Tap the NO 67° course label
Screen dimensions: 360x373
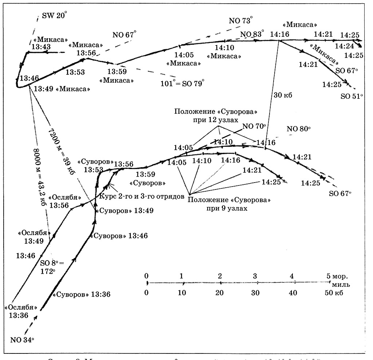125,35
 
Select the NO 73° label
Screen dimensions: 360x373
241,20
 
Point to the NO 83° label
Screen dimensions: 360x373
252,34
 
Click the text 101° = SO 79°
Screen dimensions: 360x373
182,82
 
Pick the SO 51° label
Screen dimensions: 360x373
352,97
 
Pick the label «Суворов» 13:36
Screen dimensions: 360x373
81,294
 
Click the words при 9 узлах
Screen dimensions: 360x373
226,209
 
